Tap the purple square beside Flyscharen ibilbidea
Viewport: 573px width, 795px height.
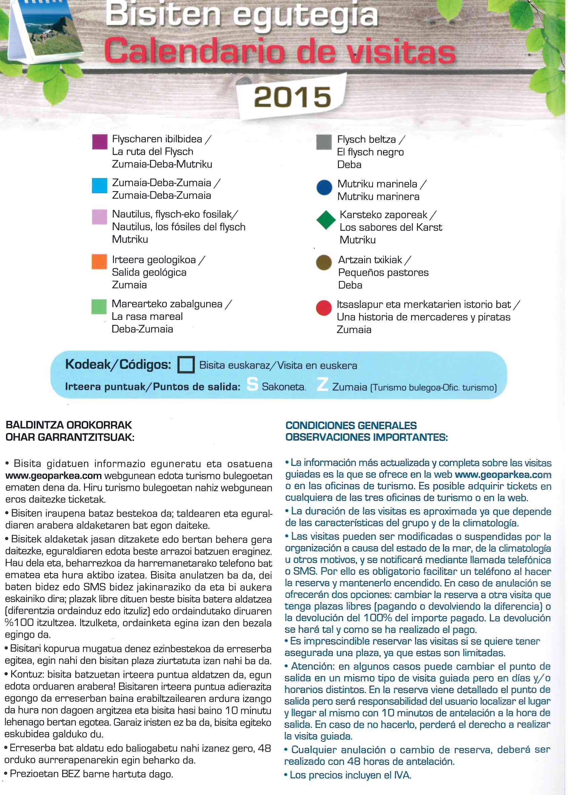pyautogui.click(x=100, y=142)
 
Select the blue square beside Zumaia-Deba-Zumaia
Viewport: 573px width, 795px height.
pyautogui.click(x=100, y=186)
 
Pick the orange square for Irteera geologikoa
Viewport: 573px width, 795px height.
pyautogui.click(x=99, y=262)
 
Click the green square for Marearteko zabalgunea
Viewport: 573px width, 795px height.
pyautogui.click(x=99, y=306)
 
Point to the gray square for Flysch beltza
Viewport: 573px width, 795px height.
pyautogui.click(x=324, y=142)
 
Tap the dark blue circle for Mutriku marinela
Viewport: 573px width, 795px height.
pyautogui.click(x=324, y=187)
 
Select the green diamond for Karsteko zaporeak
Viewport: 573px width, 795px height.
pyautogui.click(x=326, y=220)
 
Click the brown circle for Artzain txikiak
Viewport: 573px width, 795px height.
pyautogui.click(x=324, y=263)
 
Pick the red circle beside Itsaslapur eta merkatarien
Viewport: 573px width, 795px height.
pyautogui.click(x=324, y=308)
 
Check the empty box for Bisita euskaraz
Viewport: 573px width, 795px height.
pyautogui.click(x=186, y=364)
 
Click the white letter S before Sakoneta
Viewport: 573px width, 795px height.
pyautogui.click(x=252, y=384)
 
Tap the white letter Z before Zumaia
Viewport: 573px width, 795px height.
pyautogui.click(x=322, y=384)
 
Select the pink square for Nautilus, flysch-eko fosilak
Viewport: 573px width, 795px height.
pyautogui.click(x=99, y=216)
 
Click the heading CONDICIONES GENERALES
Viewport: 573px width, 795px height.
pyautogui.click(x=351, y=425)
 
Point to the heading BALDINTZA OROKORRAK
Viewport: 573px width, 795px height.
pyautogui.click(x=69, y=425)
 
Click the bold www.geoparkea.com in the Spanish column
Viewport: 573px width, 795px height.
pyautogui.click(x=503, y=475)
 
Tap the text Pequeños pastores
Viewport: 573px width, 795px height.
pyautogui.click(x=383, y=272)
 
